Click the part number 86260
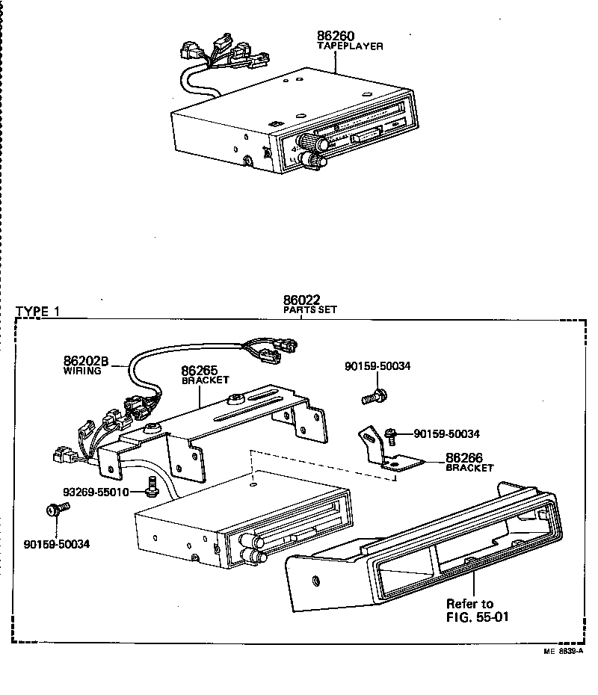[x=336, y=36]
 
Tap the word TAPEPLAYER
[x=350, y=46]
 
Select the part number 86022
[x=302, y=300]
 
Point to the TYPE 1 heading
[x=37, y=312]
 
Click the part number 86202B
[x=87, y=361]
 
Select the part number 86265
[x=200, y=369]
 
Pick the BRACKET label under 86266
[x=469, y=468]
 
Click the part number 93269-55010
[x=96, y=492]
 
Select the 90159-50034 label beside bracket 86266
[x=446, y=433]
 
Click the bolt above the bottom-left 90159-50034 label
[x=55, y=510]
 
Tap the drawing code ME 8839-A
[x=564, y=651]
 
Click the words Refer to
[x=469, y=604]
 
